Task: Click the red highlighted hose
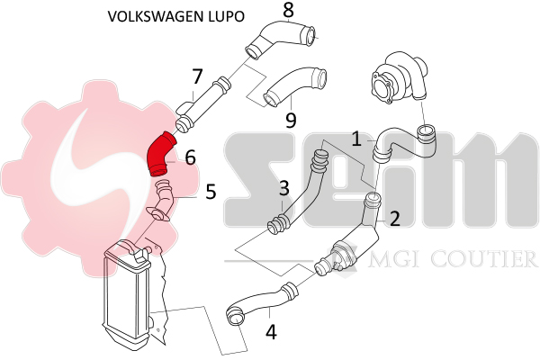tap(161, 154)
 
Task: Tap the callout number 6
tap(190, 157)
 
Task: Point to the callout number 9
tap(290, 119)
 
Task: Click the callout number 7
tap(197, 77)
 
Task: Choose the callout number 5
tap(210, 191)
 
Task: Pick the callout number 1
tap(357, 139)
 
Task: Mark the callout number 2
tap(393, 217)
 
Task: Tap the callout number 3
tap(283, 189)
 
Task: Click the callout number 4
tap(271, 331)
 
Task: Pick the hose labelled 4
tap(261, 302)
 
